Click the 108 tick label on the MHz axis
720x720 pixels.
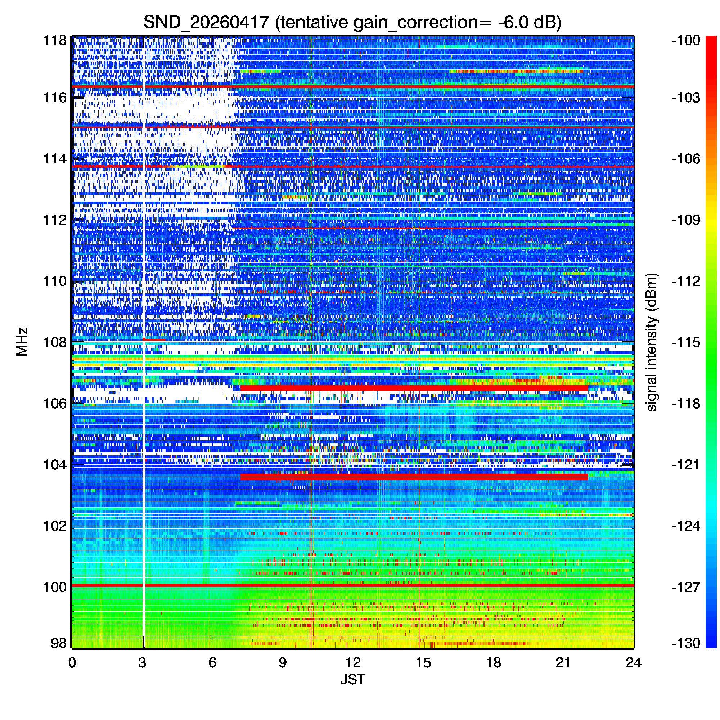click(x=55, y=342)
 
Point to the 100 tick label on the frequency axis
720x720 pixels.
click(x=55, y=587)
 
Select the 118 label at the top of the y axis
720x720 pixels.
click(x=55, y=40)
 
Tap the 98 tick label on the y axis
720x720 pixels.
click(x=59, y=643)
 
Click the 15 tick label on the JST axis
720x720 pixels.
click(x=423, y=663)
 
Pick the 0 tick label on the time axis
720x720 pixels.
click(x=72, y=663)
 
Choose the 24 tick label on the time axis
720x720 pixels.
click(x=634, y=663)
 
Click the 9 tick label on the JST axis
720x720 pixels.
click(x=283, y=663)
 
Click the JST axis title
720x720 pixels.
click(x=352, y=679)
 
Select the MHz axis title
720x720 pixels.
click(x=22, y=342)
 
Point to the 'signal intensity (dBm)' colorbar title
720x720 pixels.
click(x=652, y=342)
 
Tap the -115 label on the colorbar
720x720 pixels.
click(x=686, y=342)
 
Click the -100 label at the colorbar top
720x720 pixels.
click(x=686, y=40)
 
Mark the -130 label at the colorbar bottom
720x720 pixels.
click(x=686, y=643)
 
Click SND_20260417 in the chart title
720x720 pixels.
click(x=206, y=22)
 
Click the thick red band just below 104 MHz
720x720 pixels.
click(x=414, y=477)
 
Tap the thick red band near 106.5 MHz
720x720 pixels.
click(x=414, y=388)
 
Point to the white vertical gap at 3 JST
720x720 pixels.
click(x=144, y=342)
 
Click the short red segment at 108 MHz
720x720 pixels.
click(x=154, y=339)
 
